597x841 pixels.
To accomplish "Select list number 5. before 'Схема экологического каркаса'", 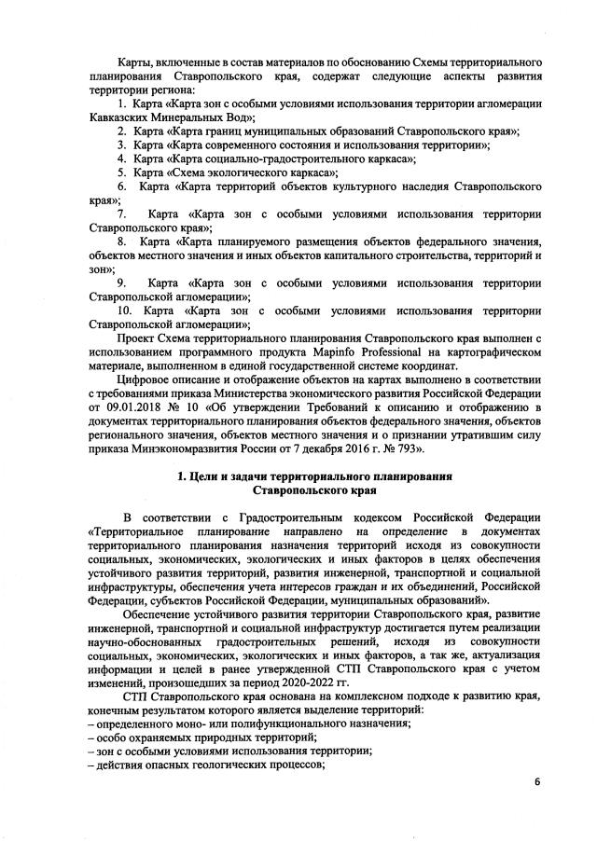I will [x=121, y=172].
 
